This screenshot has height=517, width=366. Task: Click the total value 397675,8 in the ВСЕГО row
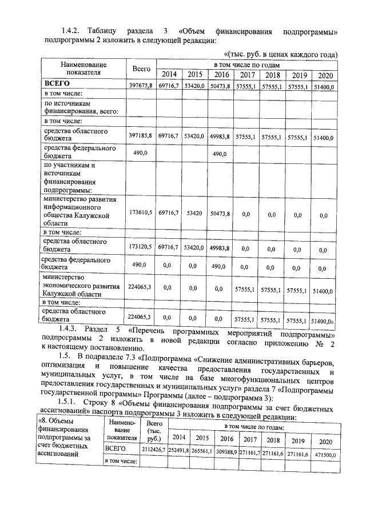(x=141, y=86)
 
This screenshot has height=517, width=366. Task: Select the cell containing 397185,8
(x=141, y=137)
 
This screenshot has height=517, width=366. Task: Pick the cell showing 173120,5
(x=141, y=247)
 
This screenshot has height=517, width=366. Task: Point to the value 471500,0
(x=325, y=453)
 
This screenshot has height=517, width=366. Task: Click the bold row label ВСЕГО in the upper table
(x=57, y=84)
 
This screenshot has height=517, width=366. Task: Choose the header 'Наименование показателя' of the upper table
(x=83, y=69)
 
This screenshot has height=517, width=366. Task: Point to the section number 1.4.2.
(x=74, y=30)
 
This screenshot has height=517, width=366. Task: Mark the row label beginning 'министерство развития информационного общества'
(x=80, y=212)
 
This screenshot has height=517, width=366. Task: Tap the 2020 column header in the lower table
(x=325, y=441)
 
